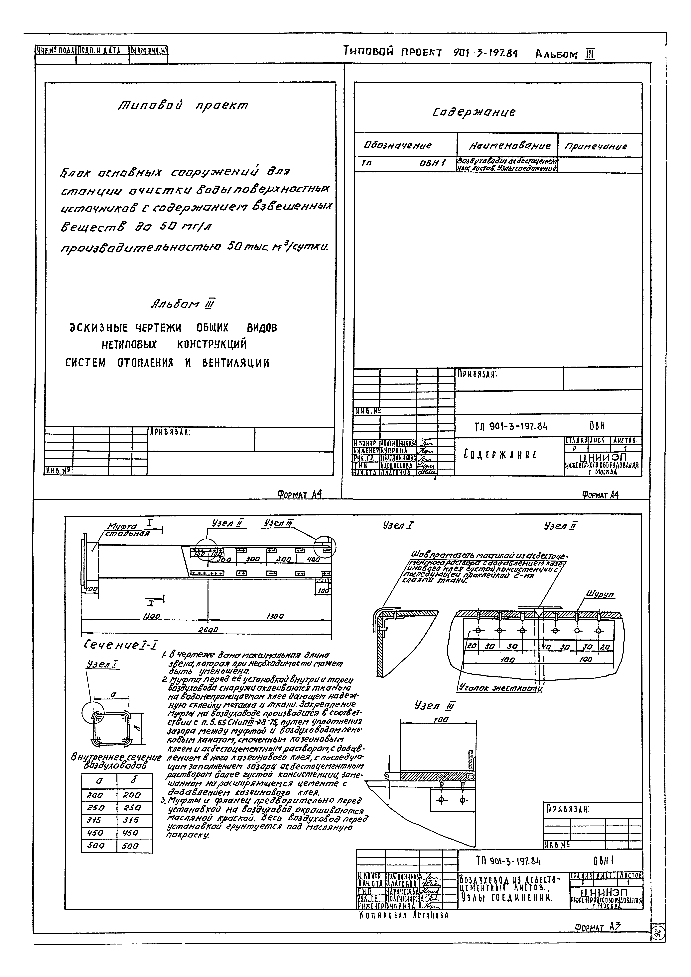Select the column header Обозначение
point(397,145)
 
